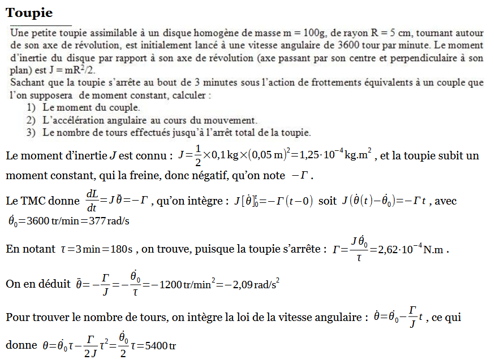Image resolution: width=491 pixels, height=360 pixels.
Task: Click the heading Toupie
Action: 29,12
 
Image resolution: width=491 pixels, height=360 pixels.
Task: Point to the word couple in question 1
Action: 123,107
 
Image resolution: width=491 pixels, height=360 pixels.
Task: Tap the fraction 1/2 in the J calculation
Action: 198,155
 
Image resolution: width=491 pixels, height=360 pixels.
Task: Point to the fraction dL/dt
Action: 92,201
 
